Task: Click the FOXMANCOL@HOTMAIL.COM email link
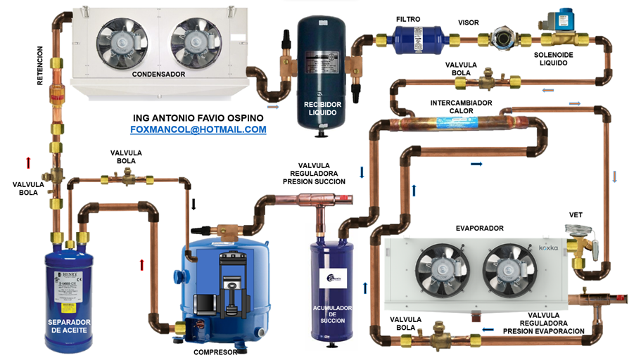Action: pos(198,129)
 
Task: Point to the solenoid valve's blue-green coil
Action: pos(564,18)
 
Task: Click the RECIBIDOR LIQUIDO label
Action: pos(322,110)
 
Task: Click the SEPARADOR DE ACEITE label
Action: pos(69,329)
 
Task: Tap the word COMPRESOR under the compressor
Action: pos(215,352)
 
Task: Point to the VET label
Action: pos(576,214)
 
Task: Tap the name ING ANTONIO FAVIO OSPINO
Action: pos(197,117)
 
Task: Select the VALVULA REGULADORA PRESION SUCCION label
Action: pos(314,173)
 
